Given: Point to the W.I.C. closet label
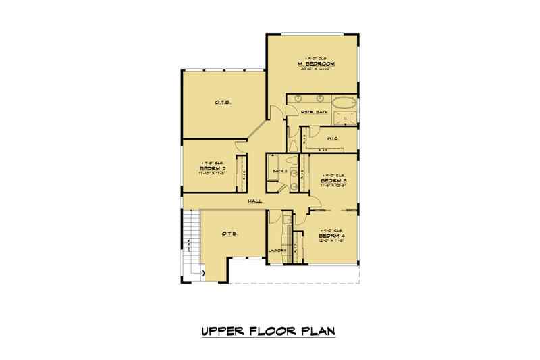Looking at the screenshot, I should click(331, 139).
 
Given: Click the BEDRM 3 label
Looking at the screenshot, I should click(333, 181).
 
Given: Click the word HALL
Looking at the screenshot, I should click(255, 201).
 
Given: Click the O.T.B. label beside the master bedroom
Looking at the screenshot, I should click(224, 103).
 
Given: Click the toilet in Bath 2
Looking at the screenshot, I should click(292, 161).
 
